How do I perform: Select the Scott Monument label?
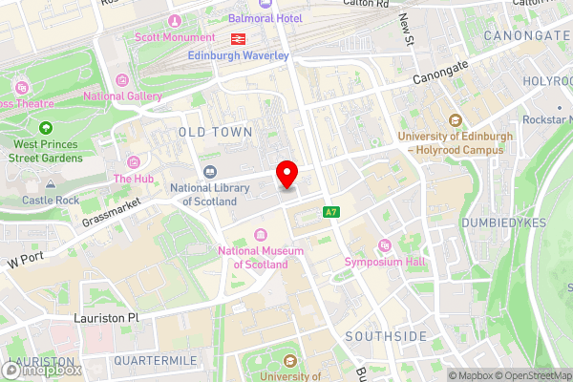(x=175, y=37)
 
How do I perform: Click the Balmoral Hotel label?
(x=265, y=18)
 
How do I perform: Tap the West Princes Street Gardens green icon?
(x=46, y=128)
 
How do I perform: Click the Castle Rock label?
(x=50, y=201)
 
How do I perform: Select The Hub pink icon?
(x=133, y=161)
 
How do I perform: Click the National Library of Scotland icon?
(x=209, y=172)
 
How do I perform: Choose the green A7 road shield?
(x=330, y=212)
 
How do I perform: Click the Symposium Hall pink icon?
(x=385, y=244)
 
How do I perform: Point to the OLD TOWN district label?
(x=216, y=132)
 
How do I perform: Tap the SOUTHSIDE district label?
(x=386, y=336)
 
